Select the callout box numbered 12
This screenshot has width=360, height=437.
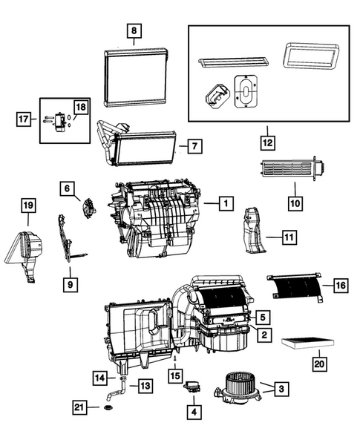[269, 140]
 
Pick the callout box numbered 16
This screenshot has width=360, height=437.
[340, 284]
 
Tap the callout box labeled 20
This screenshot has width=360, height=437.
[319, 364]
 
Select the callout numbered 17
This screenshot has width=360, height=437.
[25, 117]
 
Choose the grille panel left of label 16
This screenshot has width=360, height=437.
[295, 289]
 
